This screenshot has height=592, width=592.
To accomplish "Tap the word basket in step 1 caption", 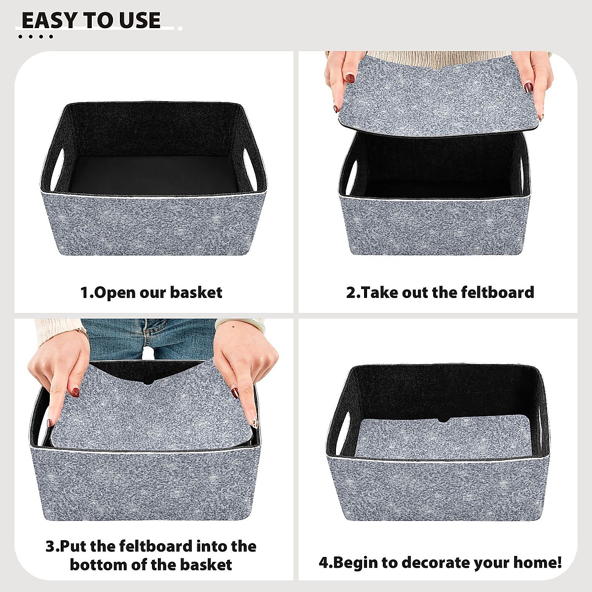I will pyautogui.click(x=197, y=293).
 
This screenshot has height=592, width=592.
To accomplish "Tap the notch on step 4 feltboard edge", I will pyautogui.click(x=443, y=421).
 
